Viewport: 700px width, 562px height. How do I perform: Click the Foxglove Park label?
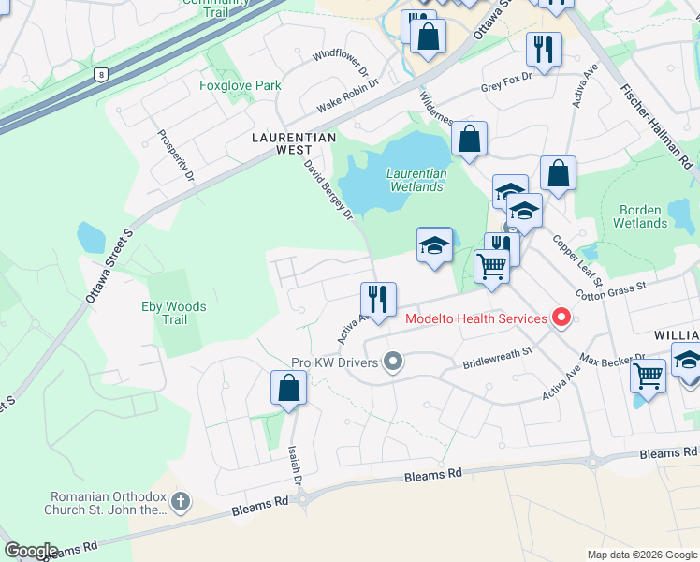point(240,85)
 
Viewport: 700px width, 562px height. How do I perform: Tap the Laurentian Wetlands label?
point(416,180)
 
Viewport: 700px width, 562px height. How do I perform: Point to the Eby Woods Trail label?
point(173,313)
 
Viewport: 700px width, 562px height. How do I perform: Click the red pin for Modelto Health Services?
point(561,318)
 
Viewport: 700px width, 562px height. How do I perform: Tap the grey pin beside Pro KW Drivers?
point(393,362)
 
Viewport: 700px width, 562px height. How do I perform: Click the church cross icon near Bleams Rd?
point(181,502)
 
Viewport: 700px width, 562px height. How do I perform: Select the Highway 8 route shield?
point(99,73)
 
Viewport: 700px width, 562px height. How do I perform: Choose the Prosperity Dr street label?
point(175,155)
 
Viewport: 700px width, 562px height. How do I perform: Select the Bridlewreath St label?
point(497,357)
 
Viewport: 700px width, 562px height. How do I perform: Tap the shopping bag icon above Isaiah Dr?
point(289,388)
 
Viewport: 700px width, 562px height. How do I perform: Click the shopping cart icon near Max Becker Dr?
point(648,376)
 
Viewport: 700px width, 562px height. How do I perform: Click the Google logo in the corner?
point(32,550)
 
